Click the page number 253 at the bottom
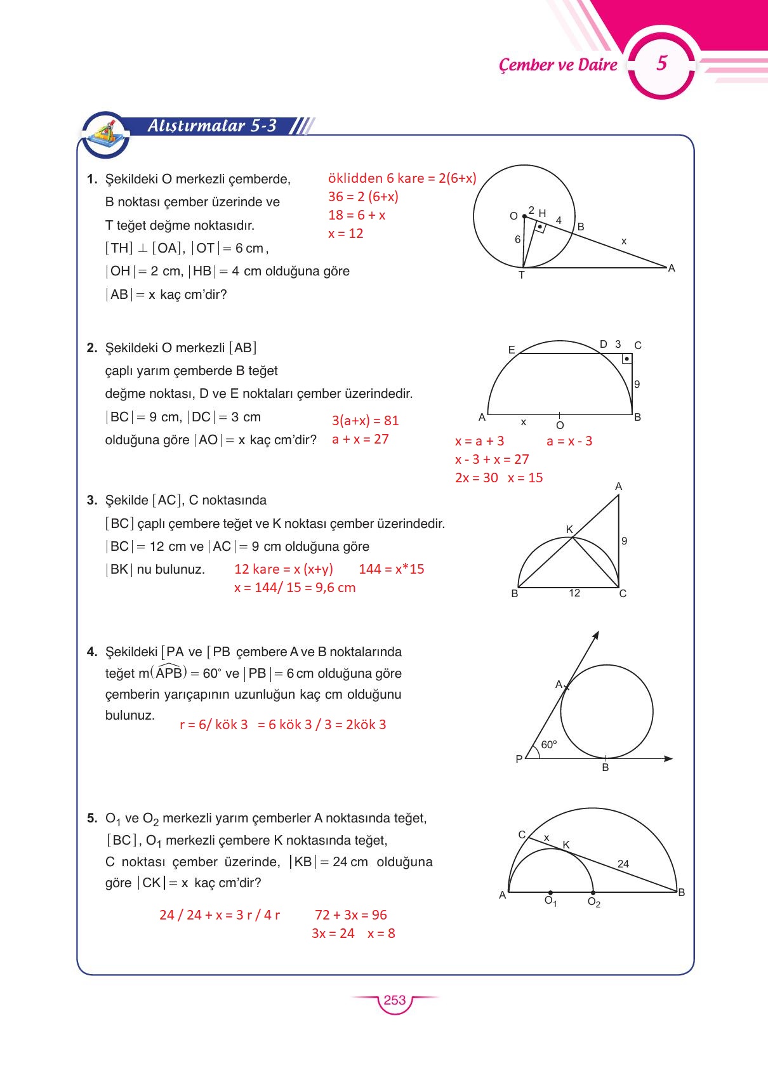[394, 1000]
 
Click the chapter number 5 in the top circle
[661, 63]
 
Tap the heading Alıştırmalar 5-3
[212, 126]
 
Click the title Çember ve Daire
[558, 65]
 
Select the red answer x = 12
[346, 234]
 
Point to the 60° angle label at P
[548, 745]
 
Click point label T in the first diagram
[522, 275]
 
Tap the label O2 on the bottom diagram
[594, 902]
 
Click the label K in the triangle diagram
[569, 529]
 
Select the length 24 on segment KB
[623, 864]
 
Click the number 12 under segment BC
[574, 593]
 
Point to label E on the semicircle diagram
[512, 350]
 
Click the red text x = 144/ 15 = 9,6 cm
[295, 588]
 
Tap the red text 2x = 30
[477, 478]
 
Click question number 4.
[92, 652]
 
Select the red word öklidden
[355, 178]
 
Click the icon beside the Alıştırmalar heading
[105, 134]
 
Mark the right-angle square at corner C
[626, 359]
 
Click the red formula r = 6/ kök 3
[214, 725]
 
